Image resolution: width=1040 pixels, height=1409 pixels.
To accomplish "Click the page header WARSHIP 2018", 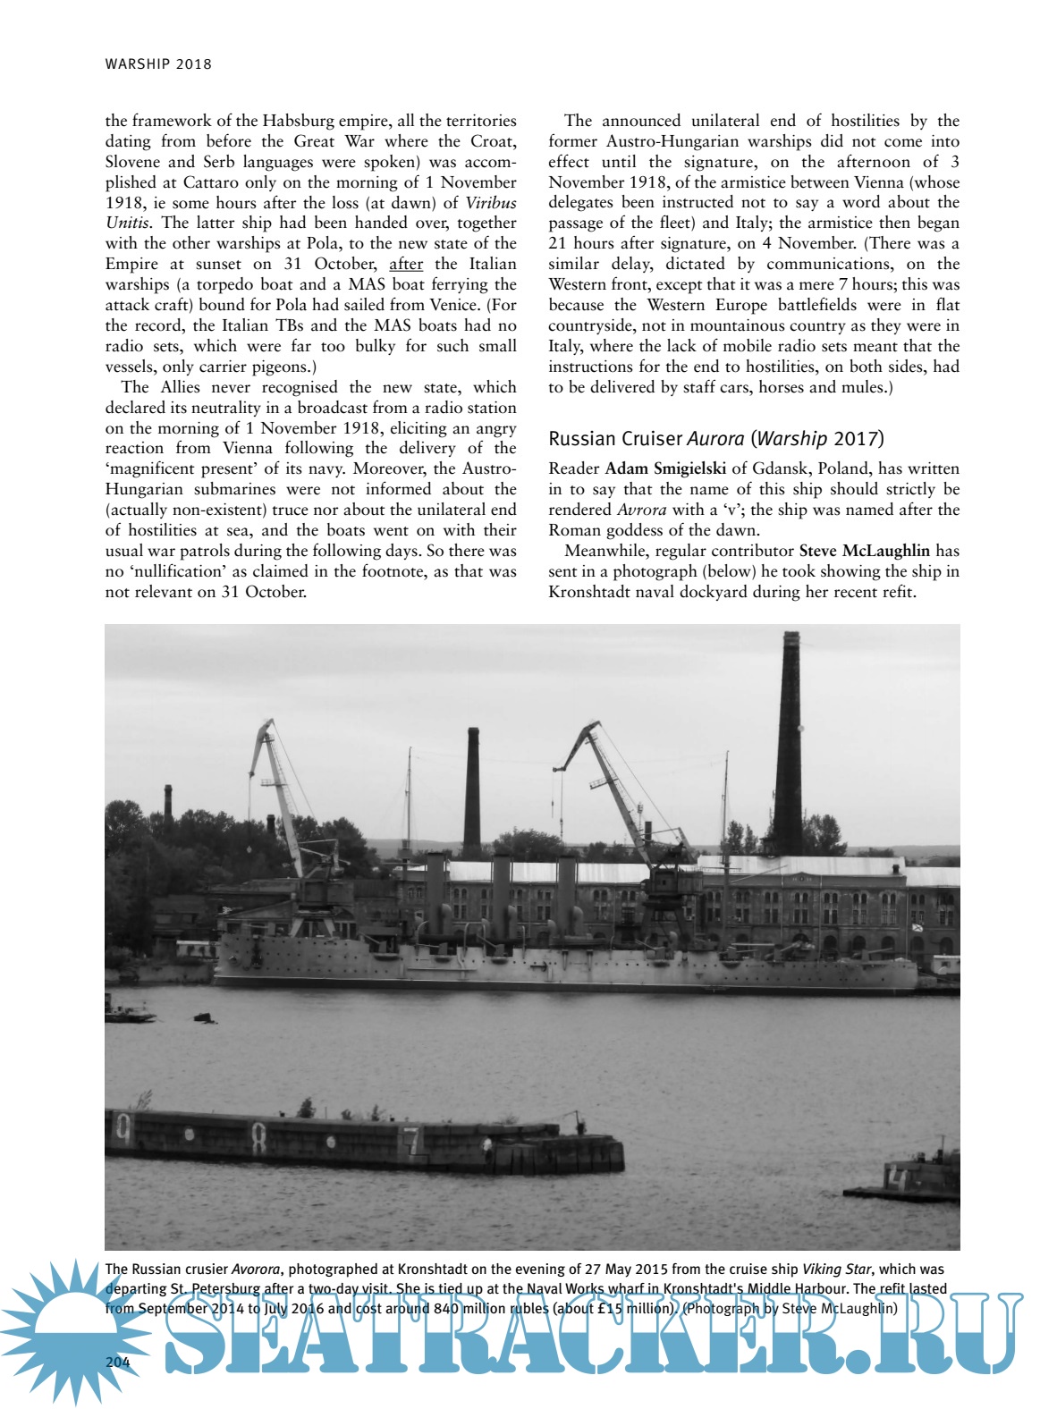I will click(x=158, y=63).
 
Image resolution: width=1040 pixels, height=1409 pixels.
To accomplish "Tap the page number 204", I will click(x=118, y=1362).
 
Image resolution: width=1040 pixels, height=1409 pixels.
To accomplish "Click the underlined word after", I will click(x=406, y=264).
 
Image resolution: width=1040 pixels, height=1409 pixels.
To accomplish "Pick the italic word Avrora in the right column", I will click(x=641, y=510).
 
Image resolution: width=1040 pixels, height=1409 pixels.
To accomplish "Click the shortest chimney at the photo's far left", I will click(x=167, y=807).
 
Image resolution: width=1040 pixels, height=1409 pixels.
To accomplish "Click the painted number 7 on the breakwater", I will click(x=410, y=1143).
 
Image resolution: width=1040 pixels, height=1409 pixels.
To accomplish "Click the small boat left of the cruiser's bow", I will click(x=130, y=1015).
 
